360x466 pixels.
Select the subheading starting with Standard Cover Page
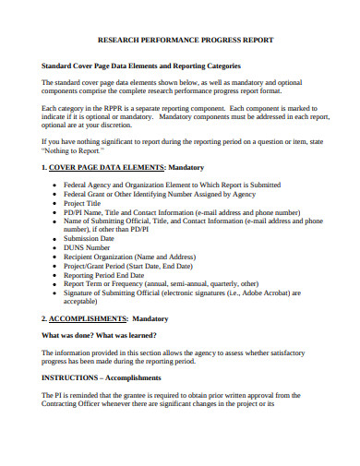click(141, 66)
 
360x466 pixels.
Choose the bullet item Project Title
click(84, 202)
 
